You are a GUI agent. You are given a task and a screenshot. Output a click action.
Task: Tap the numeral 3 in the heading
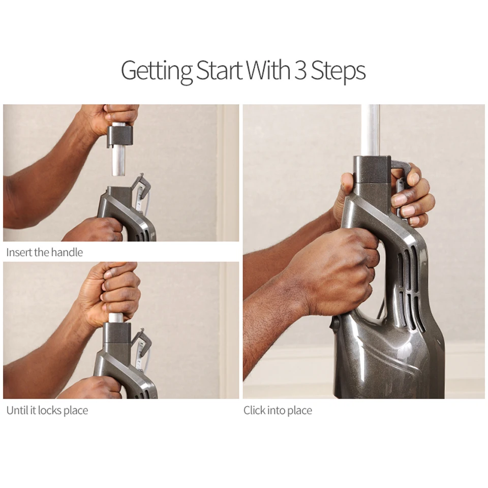[300, 70]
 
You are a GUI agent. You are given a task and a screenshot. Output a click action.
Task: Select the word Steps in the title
[339, 71]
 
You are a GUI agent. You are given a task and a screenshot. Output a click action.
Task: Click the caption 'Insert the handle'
[45, 252]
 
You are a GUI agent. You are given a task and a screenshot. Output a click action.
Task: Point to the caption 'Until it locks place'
[47, 410]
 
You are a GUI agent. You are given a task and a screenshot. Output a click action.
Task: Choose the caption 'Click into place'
[278, 410]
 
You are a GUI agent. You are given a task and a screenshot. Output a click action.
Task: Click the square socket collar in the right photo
[372, 170]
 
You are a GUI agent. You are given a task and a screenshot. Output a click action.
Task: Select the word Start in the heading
[219, 70]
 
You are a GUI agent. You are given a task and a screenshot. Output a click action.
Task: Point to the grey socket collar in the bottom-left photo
[117, 332]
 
